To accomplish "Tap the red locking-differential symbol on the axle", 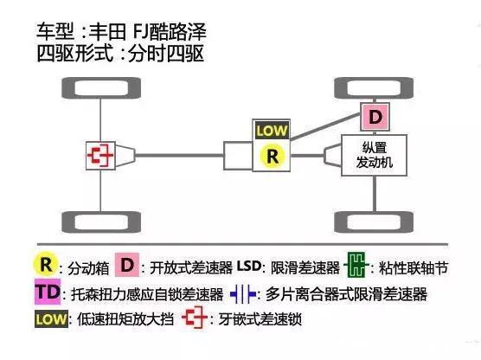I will coord(99,157).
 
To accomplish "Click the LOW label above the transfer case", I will coord(272,132).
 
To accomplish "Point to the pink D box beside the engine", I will coord(375,115).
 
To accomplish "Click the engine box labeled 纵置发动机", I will coord(375,157).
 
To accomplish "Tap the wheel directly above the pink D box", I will coord(375,87).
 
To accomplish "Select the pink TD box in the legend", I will coord(48,292).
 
